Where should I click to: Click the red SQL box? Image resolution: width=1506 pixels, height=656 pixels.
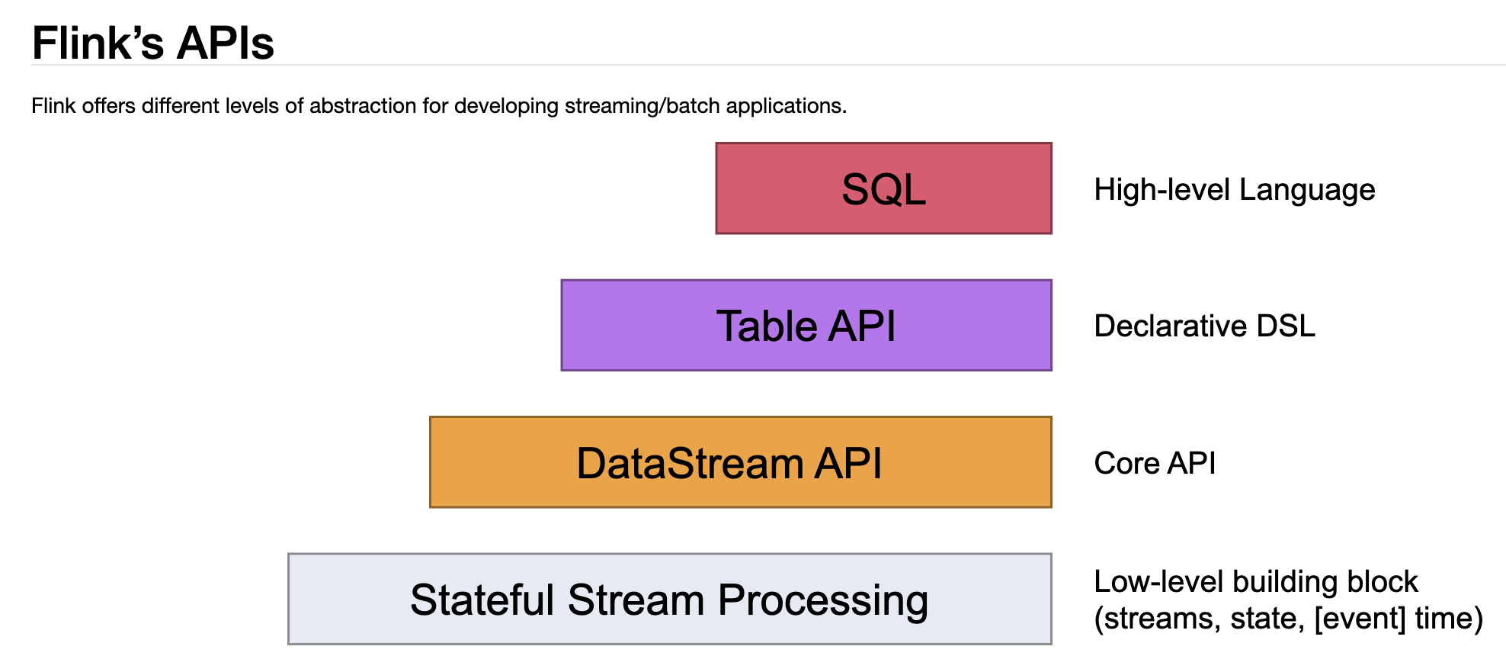coord(883,188)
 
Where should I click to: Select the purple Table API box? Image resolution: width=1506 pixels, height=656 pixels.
coord(806,326)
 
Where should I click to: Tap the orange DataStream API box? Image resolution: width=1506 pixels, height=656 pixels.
coord(740,462)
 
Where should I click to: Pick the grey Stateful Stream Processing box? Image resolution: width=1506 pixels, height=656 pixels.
coord(669,600)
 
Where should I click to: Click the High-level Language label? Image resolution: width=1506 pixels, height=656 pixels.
coord(1234,189)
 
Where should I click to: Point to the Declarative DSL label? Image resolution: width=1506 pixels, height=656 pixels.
coord(1204,326)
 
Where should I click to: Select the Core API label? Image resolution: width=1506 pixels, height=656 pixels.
coord(1155,463)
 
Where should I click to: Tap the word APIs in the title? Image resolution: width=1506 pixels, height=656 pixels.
coord(225,43)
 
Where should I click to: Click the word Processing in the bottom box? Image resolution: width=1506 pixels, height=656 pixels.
coord(823,600)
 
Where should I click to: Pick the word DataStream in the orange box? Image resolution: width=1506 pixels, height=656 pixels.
coord(689,463)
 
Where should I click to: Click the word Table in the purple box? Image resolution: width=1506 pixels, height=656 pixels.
coord(766,326)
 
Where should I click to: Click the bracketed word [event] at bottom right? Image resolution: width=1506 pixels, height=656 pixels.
coord(1360,618)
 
